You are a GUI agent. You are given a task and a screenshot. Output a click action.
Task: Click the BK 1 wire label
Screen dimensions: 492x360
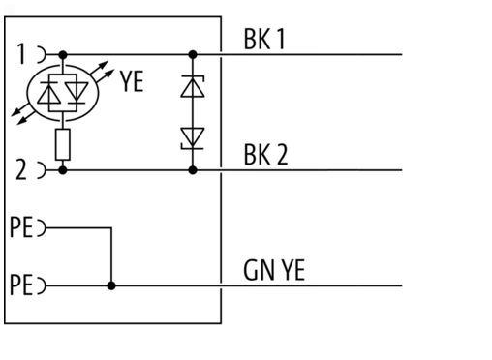click(264, 39)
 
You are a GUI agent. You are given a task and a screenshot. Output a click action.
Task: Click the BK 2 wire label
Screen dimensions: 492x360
click(265, 155)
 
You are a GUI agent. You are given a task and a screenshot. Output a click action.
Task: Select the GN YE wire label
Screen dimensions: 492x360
click(274, 270)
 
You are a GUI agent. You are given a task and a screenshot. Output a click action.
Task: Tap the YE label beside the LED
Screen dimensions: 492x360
click(132, 81)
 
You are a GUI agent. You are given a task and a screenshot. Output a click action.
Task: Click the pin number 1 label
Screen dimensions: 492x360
click(21, 54)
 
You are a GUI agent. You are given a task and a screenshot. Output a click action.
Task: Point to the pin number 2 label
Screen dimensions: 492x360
click(21, 169)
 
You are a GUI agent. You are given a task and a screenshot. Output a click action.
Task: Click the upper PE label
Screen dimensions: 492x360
click(21, 227)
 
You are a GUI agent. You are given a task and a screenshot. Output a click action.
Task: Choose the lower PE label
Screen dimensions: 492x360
click(21, 285)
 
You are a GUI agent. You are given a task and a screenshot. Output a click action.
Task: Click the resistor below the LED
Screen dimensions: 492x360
click(63, 144)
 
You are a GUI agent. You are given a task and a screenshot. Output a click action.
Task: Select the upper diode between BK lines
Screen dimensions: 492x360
click(193, 86)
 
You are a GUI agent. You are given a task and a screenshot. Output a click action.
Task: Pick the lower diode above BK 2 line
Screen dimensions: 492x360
click(193, 138)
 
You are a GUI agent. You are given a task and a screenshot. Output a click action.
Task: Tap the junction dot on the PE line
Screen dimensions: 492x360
click(111, 285)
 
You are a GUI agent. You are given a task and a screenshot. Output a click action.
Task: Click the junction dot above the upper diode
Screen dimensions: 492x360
click(193, 54)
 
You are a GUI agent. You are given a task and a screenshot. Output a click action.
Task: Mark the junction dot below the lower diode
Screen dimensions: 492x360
click(193, 170)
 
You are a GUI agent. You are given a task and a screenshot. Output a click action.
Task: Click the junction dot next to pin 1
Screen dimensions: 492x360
click(63, 55)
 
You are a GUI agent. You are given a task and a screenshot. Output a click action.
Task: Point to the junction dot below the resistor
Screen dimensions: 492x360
click(63, 170)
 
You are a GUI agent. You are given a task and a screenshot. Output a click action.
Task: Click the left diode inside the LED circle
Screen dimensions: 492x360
click(49, 93)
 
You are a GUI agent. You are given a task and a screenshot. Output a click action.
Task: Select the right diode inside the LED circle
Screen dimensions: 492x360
click(77, 93)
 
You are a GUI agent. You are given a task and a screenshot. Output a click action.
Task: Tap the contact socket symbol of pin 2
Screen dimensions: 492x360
click(43, 170)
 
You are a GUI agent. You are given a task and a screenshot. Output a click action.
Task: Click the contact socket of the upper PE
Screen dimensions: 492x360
click(43, 227)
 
